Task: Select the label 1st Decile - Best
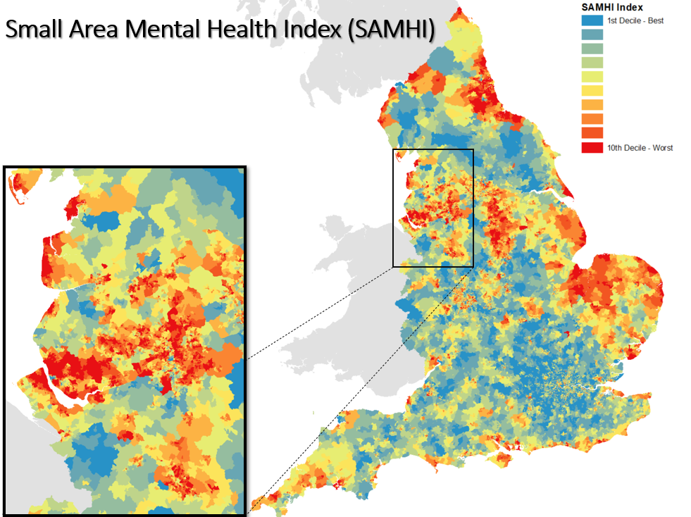pyautogui.click(x=635, y=20)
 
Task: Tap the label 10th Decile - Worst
pyautogui.click(x=640, y=148)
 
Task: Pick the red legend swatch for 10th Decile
pyautogui.click(x=592, y=148)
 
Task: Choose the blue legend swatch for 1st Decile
pyautogui.click(x=592, y=20)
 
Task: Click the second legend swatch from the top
pyautogui.click(x=592, y=35)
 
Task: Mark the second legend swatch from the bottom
pyautogui.click(x=592, y=133)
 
